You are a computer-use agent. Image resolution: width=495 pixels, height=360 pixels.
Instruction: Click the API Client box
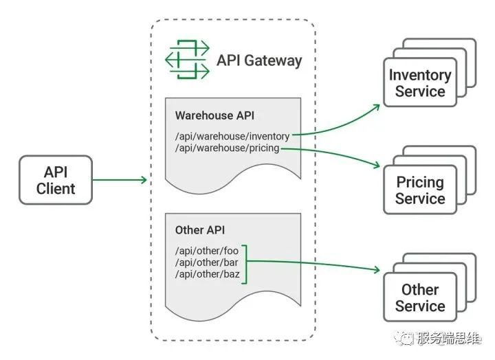click(x=56, y=180)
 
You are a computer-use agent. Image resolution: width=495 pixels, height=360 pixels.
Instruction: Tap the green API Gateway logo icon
click(x=187, y=59)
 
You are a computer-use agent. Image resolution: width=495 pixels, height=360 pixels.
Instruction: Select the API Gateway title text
click(x=259, y=60)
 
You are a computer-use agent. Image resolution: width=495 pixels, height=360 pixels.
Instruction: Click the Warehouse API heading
click(x=214, y=115)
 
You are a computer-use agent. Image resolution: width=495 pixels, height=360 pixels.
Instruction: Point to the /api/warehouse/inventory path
click(x=232, y=136)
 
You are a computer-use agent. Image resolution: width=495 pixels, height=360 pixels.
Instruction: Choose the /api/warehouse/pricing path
click(x=228, y=148)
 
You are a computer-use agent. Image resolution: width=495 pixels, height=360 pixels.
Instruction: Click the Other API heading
click(x=200, y=230)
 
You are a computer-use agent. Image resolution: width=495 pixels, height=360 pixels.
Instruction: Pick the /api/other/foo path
click(x=207, y=251)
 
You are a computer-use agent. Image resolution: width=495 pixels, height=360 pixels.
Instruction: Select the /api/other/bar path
click(x=207, y=262)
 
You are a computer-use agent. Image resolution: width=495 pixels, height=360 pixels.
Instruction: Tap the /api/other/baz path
click(x=208, y=274)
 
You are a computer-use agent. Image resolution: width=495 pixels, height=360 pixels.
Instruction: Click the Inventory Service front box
click(x=420, y=82)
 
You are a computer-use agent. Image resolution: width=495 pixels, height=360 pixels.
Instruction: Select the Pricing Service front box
click(x=420, y=190)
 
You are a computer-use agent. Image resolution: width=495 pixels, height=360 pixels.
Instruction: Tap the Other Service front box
click(x=420, y=297)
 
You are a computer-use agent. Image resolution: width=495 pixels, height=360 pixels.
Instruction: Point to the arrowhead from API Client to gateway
click(x=144, y=180)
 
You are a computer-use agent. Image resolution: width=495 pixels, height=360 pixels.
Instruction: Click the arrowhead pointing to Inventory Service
click(x=376, y=107)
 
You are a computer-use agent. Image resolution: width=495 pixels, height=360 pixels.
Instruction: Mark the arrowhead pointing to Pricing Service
click(x=377, y=165)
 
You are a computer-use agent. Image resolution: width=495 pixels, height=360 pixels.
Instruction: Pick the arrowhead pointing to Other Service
click(x=377, y=269)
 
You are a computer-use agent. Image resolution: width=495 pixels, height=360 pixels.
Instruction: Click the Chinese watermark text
click(x=448, y=338)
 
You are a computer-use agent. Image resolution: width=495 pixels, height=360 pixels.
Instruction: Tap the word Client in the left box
click(x=56, y=189)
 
